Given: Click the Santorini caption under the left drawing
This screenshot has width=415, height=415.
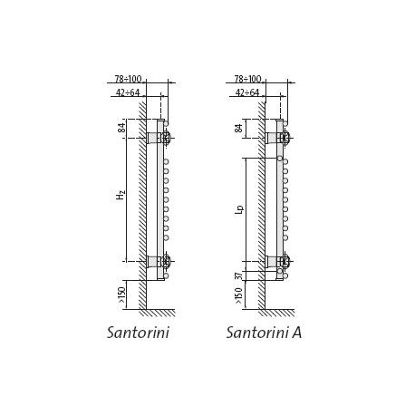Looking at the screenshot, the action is [138, 333].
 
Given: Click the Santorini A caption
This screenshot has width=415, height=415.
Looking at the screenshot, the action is [264, 333].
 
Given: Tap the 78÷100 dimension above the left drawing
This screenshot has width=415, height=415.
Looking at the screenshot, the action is [128, 79].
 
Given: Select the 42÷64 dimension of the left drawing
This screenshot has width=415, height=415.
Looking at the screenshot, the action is [128, 92].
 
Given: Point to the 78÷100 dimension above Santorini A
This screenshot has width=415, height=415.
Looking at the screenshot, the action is [247, 79].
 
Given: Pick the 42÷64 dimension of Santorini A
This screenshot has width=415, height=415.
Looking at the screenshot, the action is [247, 92].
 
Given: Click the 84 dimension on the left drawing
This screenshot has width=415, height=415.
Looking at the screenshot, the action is [121, 128].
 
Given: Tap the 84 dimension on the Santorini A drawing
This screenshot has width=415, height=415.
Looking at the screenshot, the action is [238, 128].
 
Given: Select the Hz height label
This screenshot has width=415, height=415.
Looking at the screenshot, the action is [121, 196].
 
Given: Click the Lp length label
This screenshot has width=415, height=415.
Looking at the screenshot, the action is [239, 209].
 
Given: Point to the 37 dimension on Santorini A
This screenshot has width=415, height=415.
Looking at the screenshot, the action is [238, 275].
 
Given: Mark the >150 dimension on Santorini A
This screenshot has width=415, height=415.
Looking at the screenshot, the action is [238, 295].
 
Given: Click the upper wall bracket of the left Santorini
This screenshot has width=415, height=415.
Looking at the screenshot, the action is [152, 138].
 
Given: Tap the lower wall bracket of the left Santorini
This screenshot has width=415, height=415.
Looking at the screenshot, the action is [152, 261].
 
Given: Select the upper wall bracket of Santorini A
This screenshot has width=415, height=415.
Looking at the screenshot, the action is [271, 138].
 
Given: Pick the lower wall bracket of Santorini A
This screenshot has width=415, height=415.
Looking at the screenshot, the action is [271, 261].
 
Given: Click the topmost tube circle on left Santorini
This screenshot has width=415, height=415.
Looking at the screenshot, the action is [166, 123].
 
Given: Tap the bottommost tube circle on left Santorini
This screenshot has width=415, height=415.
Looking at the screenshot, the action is [166, 275].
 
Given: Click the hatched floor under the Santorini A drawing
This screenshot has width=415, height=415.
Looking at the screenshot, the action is [276, 313].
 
